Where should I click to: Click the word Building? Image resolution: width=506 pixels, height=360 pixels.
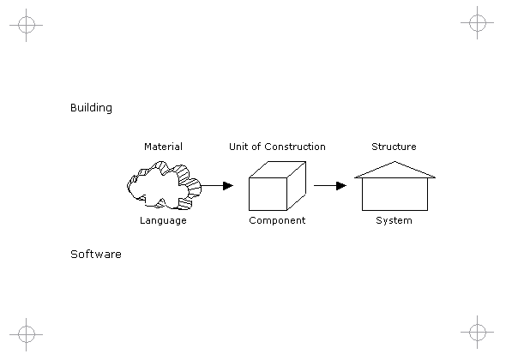(x=91, y=108)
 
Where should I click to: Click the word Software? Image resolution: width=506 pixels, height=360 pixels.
(x=96, y=255)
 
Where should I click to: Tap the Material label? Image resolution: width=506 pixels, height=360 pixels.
(x=163, y=147)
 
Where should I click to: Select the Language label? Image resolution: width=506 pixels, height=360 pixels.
(x=163, y=221)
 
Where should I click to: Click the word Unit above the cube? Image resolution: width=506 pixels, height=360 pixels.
(x=238, y=147)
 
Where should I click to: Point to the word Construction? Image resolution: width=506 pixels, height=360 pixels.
(x=295, y=147)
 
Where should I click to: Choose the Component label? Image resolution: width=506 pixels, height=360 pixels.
(x=277, y=221)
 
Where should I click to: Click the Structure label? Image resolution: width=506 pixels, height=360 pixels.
(x=394, y=147)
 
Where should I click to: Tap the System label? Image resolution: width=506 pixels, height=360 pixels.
(x=394, y=221)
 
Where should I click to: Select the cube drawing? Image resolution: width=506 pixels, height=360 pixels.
(x=277, y=186)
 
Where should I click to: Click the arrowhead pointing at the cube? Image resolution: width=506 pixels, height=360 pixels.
(x=228, y=186)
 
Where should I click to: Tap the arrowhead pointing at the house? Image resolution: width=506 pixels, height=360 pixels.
(x=341, y=186)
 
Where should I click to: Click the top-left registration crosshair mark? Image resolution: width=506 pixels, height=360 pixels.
(x=26, y=25)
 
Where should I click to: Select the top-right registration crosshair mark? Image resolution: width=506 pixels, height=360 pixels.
(x=478, y=22)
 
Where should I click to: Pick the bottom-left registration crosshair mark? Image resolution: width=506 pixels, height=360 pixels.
(x=26, y=334)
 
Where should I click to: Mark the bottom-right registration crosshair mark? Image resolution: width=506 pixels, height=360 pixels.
(x=478, y=332)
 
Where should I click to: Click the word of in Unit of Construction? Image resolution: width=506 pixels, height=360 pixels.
(x=256, y=147)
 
